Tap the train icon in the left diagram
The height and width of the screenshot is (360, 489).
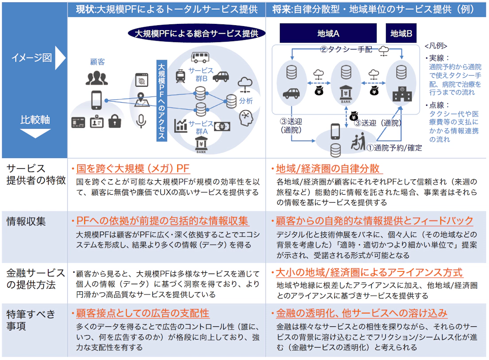click(x=181, y=76)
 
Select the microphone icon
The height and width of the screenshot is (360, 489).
click(x=141, y=120)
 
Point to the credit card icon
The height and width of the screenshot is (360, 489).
click(x=78, y=122)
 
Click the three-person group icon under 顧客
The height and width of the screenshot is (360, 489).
click(x=97, y=78)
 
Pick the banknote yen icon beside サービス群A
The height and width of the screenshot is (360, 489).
click(x=222, y=126)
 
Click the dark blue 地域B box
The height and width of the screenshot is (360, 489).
click(x=401, y=33)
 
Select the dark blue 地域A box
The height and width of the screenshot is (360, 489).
click(x=328, y=33)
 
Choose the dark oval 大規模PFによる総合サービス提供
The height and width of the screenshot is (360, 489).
click(x=196, y=33)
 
